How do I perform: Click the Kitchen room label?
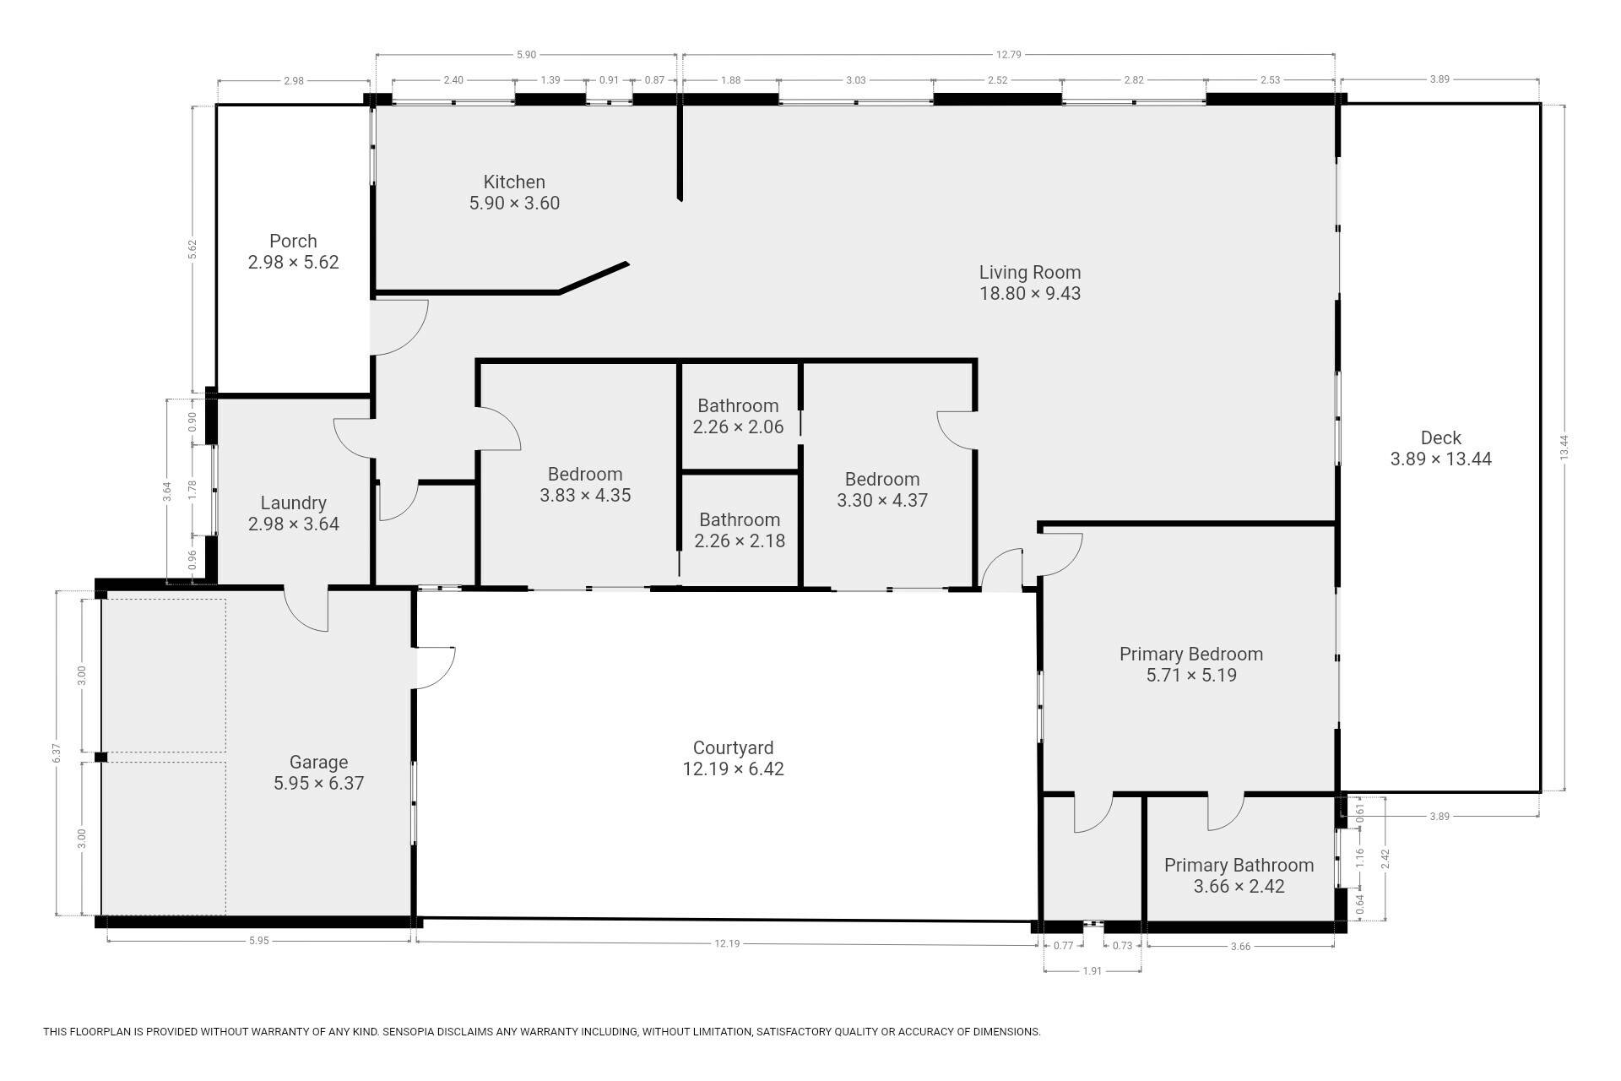pos(514,182)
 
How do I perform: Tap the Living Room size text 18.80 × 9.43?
pos(1030,293)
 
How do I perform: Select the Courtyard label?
pos(733,747)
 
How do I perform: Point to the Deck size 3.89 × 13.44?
pos(1441,459)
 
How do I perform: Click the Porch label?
pos(293,241)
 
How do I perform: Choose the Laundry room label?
pos(293,502)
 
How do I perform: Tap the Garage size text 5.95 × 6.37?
pos(318,783)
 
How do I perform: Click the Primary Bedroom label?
pos(1191,654)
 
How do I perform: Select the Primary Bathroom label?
pos(1239,865)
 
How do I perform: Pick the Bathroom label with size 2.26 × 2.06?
pos(738,405)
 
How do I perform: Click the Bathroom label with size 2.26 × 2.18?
pos(740,519)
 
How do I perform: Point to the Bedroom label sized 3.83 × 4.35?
pos(585,474)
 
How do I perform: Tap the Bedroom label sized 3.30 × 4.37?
pos(882,479)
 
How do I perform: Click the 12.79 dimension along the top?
pos(1009,55)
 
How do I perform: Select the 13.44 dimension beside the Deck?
pos(1564,447)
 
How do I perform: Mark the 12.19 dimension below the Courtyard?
pos(727,943)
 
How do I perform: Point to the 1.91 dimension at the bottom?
pos(1092,971)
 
